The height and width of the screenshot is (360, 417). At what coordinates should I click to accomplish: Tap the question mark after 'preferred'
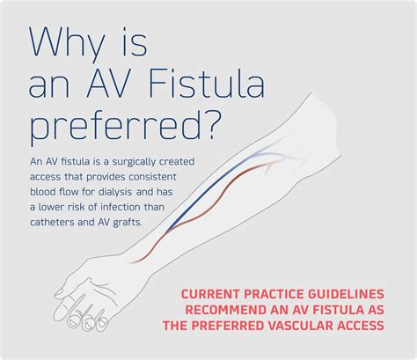(x=211, y=125)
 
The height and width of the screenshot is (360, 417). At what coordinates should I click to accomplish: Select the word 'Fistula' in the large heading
(x=206, y=84)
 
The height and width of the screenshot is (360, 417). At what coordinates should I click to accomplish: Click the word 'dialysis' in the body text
(x=115, y=193)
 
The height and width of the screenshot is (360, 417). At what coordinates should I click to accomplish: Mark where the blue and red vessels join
(x=167, y=231)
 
